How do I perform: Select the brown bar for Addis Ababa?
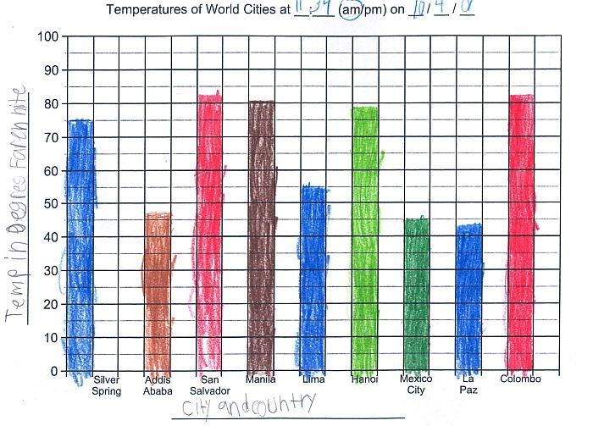tap(158, 292)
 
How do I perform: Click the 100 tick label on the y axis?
tap(49, 38)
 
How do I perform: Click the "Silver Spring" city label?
tap(108, 385)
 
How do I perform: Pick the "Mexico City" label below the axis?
tap(416, 385)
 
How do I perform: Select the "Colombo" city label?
tap(520, 379)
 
